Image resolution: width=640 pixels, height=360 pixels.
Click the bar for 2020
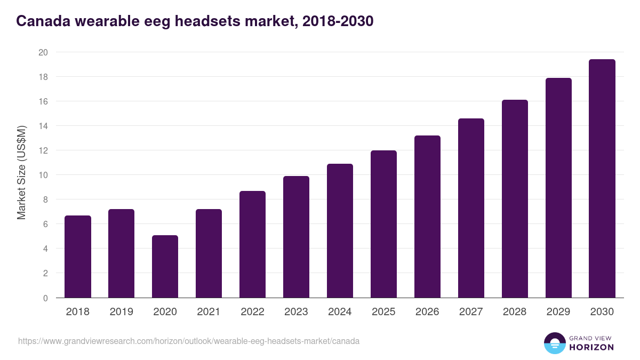[x=165, y=267]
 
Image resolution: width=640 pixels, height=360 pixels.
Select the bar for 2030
[x=602, y=179]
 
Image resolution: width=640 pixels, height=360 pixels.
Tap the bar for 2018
[x=78, y=257]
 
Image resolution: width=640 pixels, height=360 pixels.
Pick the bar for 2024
[x=340, y=231]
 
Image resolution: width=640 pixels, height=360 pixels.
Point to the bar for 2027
[x=471, y=208]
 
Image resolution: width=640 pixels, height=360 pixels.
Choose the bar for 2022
[x=252, y=244]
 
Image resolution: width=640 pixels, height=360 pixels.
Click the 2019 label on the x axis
[x=121, y=312]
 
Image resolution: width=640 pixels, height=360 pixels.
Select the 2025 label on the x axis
[x=383, y=312]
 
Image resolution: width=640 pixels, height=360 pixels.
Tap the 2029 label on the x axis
[x=558, y=312]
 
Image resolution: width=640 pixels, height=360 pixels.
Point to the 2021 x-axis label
[x=209, y=312]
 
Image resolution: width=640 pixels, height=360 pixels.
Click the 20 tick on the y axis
[x=43, y=52]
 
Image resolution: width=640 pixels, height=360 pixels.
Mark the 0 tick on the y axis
[x=45, y=298]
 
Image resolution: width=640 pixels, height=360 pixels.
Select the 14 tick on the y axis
[x=43, y=126]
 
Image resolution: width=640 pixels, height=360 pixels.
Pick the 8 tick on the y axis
[x=45, y=199]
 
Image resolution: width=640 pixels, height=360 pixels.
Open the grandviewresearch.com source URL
[x=189, y=341]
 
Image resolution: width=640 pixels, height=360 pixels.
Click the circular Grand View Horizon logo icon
[x=554, y=343]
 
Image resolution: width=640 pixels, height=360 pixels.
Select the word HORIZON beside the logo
[x=591, y=347]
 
